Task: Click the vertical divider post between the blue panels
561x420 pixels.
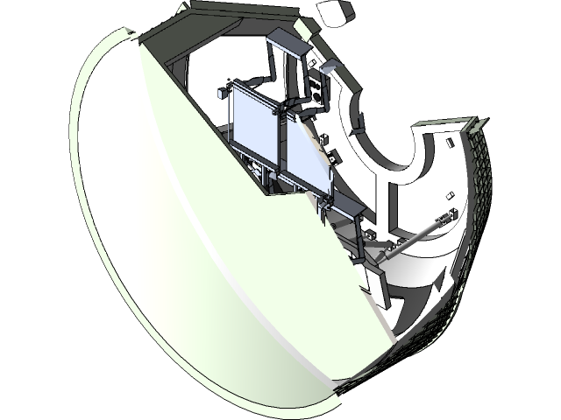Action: coord(280,140)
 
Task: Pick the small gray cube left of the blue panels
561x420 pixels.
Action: coord(219,94)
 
